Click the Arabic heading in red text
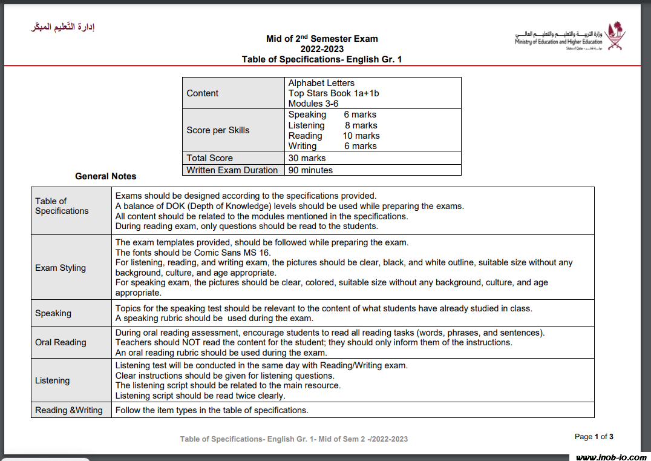coord(64,27)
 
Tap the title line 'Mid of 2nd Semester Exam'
coord(322,39)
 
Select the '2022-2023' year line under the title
coord(322,49)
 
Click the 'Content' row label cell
coord(203,93)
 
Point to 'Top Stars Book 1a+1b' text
coord(333,93)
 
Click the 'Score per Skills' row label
coord(218,130)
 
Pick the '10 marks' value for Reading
coord(361,136)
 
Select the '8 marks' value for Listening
coord(361,125)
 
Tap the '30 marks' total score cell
coord(307,158)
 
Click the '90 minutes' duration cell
coord(310,170)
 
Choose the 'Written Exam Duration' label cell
coord(232,170)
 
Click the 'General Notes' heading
coord(106,176)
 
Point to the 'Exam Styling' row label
coord(61,268)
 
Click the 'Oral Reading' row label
coord(61,342)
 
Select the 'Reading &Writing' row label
coord(69,410)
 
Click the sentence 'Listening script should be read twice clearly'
coord(200,396)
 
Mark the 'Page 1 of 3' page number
coord(594,437)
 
